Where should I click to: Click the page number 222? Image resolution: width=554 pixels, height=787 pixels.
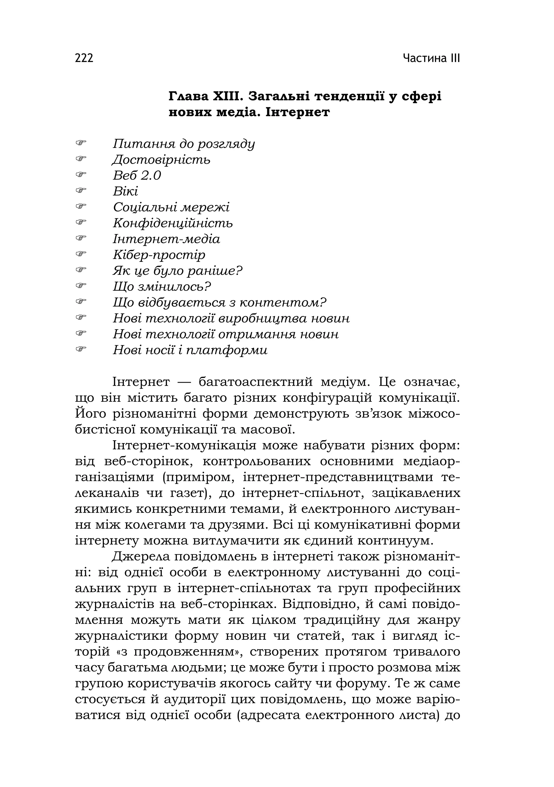pos(84,58)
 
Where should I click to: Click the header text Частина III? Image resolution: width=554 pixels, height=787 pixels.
pos(431,58)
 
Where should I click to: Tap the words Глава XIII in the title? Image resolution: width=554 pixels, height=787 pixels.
pos(205,97)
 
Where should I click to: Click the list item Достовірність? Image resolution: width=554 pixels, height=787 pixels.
pos(161,160)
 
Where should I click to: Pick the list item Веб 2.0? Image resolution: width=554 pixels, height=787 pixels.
pos(137,175)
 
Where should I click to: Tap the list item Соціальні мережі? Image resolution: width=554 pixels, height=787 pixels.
pos(171,207)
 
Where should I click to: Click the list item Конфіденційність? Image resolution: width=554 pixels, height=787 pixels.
pos(173,223)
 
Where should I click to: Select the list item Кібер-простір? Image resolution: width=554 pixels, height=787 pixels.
pos(159,255)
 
